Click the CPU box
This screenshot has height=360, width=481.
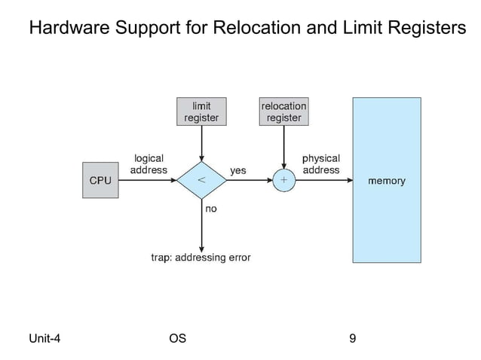pyautogui.click(x=100, y=181)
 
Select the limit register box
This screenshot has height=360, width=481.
pyautogui.click(x=201, y=111)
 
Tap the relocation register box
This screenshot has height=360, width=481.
pyautogui.click(x=283, y=111)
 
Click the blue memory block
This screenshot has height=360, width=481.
pyautogui.click(x=386, y=180)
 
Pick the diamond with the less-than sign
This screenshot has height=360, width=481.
pyautogui.click(x=201, y=181)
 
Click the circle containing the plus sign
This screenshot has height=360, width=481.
pyautogui.click(x=283, y=181)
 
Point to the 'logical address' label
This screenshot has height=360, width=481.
pyautogui.click(x=149, y=164)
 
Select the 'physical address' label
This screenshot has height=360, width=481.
pyautogui.click(x=320, y=164)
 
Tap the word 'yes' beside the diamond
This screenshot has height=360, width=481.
pyautogui.click(x=237, y=171)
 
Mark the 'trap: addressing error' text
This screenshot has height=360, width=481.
pyautogui.click(x=201, y=258)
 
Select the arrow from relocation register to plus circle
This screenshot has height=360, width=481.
pyautogui.click(x=283, y=148)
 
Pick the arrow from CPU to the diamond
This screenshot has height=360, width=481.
pyautogui.click(x=147, y=181)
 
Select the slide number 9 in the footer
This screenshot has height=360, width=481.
pyautogui.click(x=353, y=338)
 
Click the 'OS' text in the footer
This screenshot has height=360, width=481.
pyautogui.click(x=178, y=338)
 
